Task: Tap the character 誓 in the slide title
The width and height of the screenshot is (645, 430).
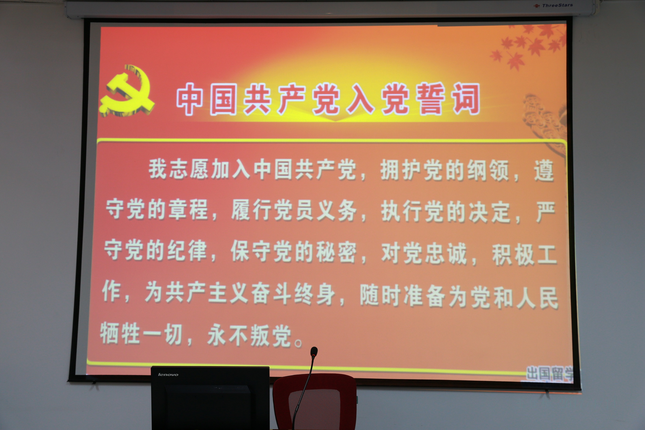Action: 430,99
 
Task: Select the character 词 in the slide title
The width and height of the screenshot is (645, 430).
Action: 466,99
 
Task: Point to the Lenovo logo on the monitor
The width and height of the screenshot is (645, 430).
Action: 168,374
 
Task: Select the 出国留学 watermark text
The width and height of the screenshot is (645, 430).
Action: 550,373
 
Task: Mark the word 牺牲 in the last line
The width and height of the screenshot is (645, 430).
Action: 120,333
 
